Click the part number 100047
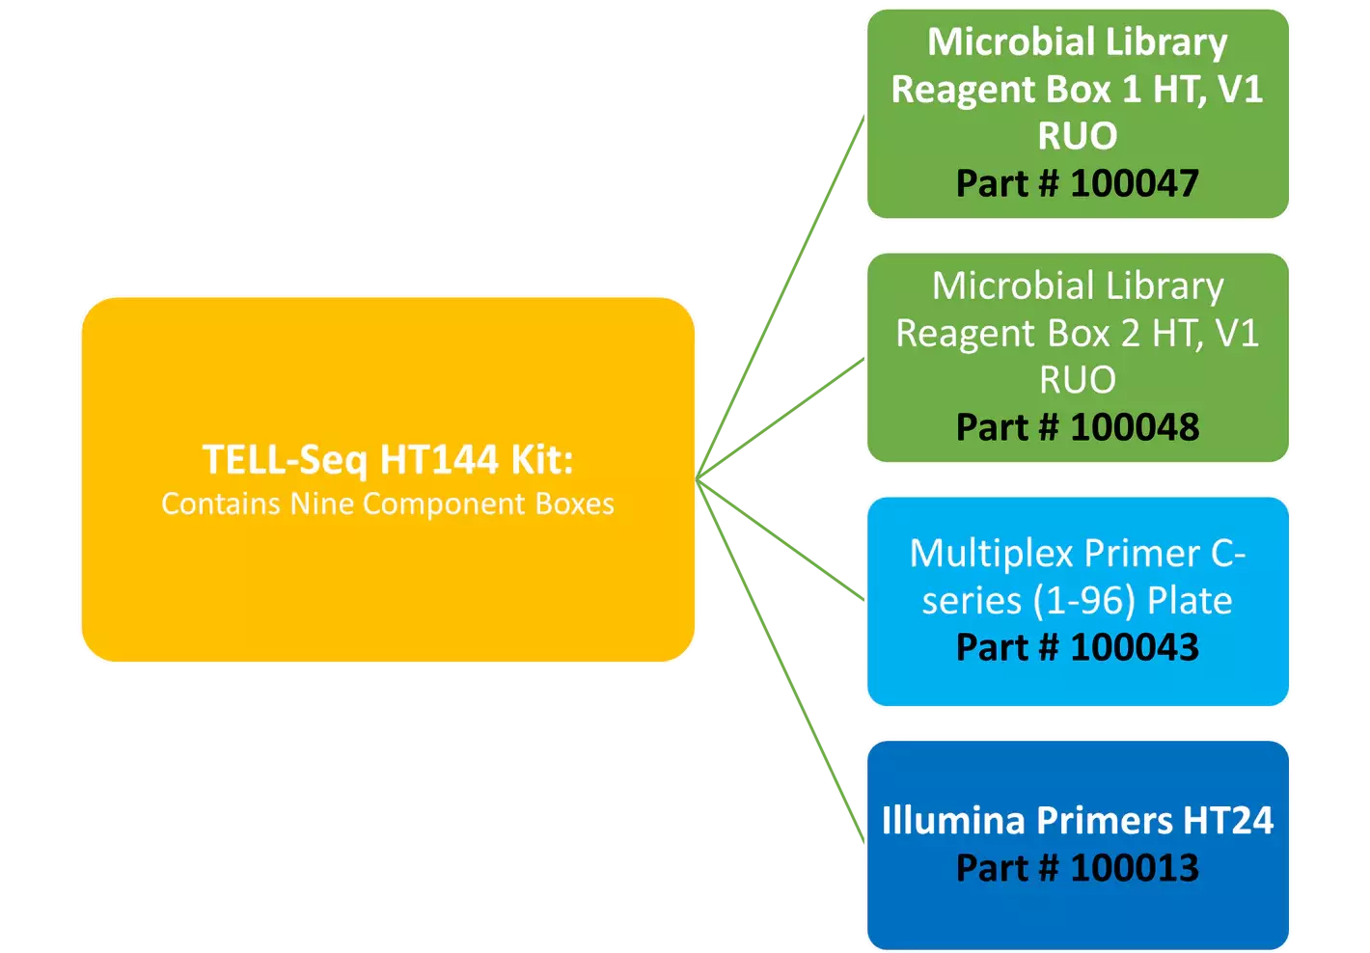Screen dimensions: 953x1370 pos(1134,183)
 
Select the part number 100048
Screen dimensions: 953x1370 pos(1134,427)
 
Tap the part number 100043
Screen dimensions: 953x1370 pos(1134,647)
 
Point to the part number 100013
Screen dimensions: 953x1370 pos(1134,868)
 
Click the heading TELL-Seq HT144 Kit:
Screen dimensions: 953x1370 pos(387,460)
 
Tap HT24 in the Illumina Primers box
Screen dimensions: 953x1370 pos(1227,820)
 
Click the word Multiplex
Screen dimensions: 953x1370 pos(991,555)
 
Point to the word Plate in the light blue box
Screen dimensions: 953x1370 pos(1189,601)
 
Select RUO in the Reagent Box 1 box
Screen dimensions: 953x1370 pos(1077,136)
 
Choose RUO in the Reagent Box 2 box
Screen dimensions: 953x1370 pos(1077,380)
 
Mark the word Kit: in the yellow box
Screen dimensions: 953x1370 pos(541,460)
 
